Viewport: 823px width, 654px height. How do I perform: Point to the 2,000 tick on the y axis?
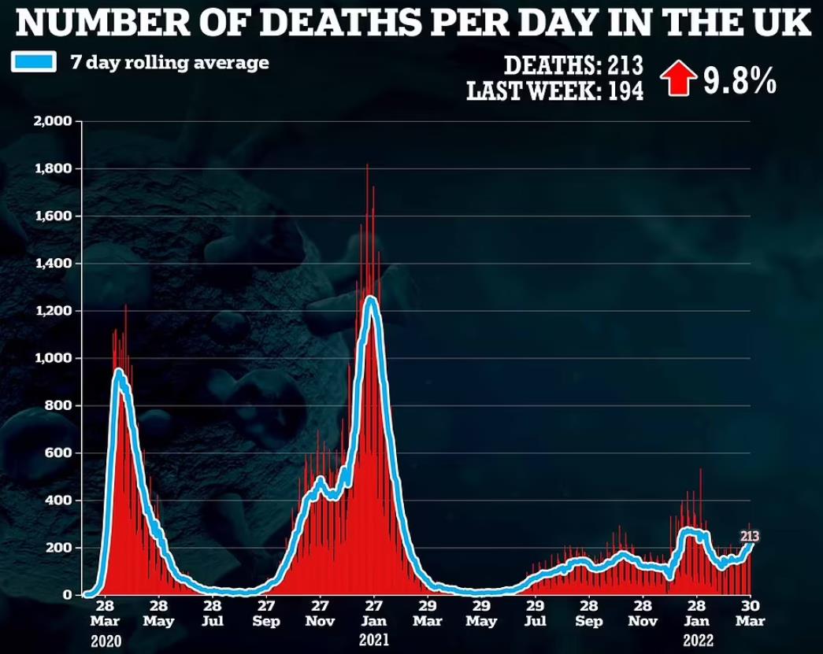click(x=53, y=121)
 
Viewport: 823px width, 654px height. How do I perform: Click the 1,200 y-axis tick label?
click(x=53, y=311)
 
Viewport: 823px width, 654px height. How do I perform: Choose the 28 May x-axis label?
click(x=158, y=613)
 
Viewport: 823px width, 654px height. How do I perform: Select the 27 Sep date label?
click(x=266, y=613)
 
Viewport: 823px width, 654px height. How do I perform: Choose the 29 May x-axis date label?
click(x=482, y=613)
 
